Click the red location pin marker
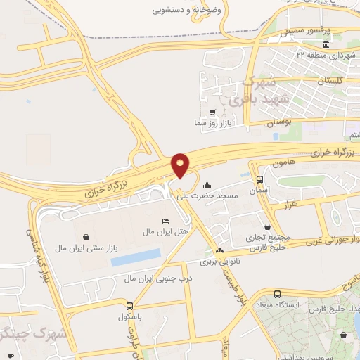click(181, 165)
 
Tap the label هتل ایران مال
click(143, 231)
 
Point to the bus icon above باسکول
click(129, 306)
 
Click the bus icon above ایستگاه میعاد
click(277, 294)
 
